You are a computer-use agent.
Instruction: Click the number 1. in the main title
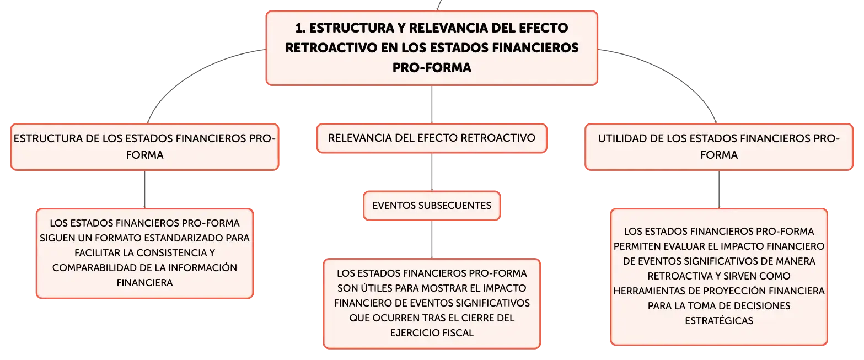tap(300, 28)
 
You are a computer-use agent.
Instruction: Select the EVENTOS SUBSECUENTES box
tap(432, 206)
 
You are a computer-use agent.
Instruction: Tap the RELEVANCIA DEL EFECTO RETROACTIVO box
tap(432, 138)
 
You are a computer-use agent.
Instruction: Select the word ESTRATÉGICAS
tap(719, 321)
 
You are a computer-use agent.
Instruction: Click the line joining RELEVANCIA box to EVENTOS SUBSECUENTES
tap(432, 172)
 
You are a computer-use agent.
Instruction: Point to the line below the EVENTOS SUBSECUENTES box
tap(432, 240)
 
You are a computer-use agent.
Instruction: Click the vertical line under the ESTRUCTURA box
tap(144, 190)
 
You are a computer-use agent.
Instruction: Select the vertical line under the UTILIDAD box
tap(719, 190)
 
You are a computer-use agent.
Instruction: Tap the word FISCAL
tap(457, 333)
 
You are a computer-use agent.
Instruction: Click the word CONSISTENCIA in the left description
tap(172, 253)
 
